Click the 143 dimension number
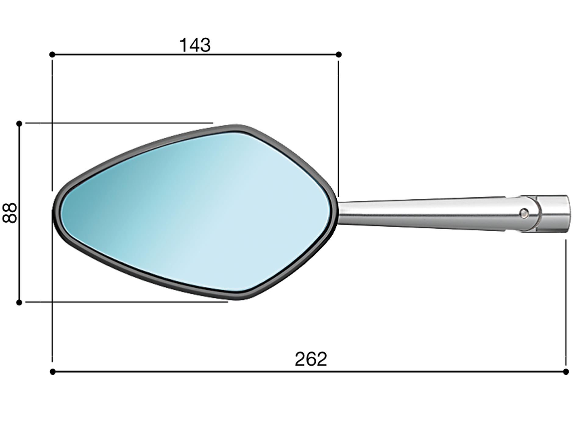click(x=195, y=45)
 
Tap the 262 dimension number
click(x=311, y=359)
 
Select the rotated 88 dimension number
click(x=10, y=213)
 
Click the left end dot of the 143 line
click(x=52, y=54)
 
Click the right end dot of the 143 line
click(x=339, y=54)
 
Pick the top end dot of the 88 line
click(x=19, y=123)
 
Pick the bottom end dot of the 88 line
click(x=19, y=302)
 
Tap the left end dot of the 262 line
click(x=53, y=372)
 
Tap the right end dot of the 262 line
click(x=566, y=372)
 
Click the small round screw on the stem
click(x=524, y=213)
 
